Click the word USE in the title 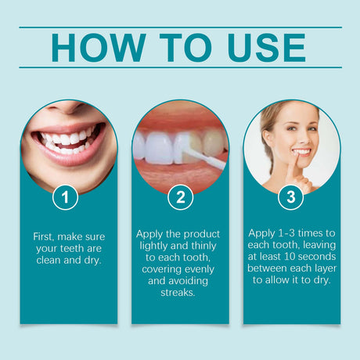tap(261, 48)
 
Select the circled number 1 tap(65, 197)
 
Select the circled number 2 tap(180, 197)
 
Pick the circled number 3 tap(291, 197)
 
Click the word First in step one tap(46, 236)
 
